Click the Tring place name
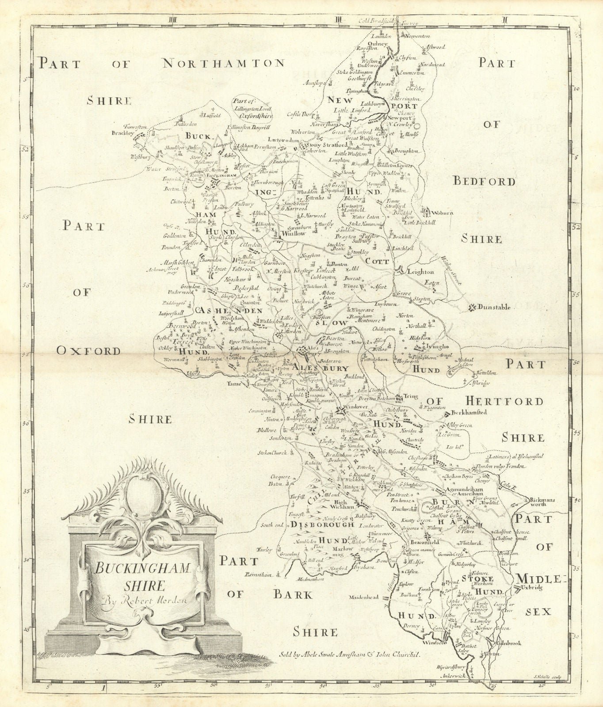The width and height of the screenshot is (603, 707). (411, 396)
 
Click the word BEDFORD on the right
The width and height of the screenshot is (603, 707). (485, 182)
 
